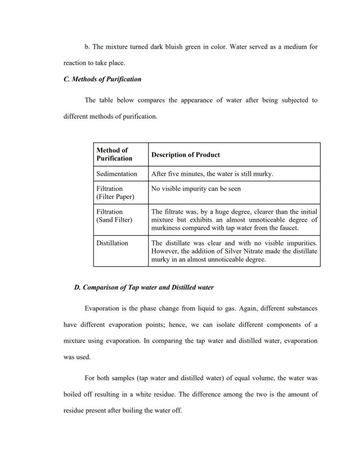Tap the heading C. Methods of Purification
point(102,79)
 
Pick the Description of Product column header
point(185,154)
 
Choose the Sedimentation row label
point(117,174)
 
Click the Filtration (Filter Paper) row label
point(115,192)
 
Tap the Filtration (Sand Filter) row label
point(114,215)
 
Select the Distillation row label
point(112,243)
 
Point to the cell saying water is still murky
point(212,174)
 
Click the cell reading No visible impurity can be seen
point(196,188)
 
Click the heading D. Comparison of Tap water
point(144,288)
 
